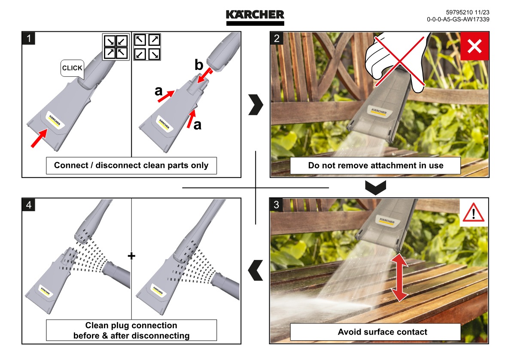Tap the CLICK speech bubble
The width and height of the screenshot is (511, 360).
click(x=72, y=68)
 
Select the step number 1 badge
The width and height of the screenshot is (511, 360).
click(x=29, y=38)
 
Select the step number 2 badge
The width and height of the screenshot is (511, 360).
click(x=277, y=38)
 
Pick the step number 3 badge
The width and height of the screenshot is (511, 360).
click(x=277, y=205)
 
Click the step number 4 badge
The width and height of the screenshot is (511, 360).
click(x=29, y=205)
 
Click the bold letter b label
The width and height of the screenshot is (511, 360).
click(x=198, y=65)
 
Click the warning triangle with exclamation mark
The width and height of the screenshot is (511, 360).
click(x=474, y=213)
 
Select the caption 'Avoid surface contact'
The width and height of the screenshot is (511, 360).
click(x=382, y=332)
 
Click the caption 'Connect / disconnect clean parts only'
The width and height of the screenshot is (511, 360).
click(x=131, y=165)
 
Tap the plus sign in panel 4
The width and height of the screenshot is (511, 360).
click(x=131, y=256)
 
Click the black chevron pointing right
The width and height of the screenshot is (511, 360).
click(x=255, y=106)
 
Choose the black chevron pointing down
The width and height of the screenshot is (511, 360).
click(x=375, y=187)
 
